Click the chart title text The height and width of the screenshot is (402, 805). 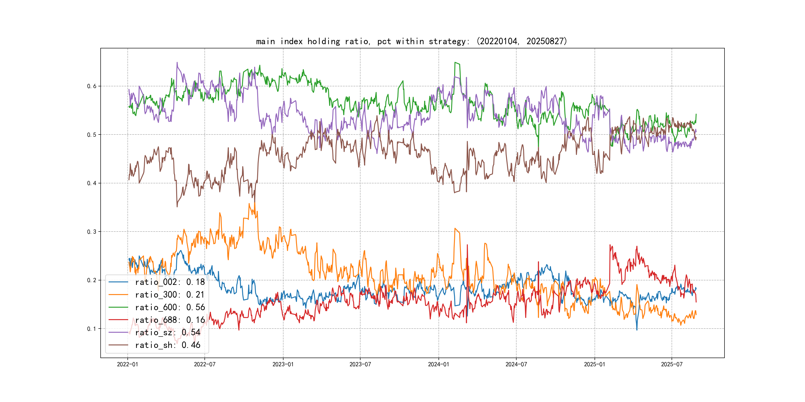(x=411, y=41)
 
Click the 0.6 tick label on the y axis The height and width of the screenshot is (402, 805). (x=92, y=86)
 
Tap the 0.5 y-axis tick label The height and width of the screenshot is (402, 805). (x=92, y=135)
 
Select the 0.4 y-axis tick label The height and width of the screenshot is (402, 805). (x=92, y=183)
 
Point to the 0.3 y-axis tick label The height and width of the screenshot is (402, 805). (x=92, y=232)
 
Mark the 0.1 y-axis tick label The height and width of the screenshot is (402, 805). (x=92, y=329)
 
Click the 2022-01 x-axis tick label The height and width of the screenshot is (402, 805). (x=127, y=364)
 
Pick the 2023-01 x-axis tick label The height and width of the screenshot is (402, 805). (x=283, y=364)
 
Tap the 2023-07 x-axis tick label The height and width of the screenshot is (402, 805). (x=360, y=364)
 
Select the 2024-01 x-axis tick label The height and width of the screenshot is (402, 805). (x=439, y=364)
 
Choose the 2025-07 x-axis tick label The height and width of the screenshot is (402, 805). (x=672, y=364)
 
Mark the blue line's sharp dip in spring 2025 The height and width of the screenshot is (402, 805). (x=637, y=329)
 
